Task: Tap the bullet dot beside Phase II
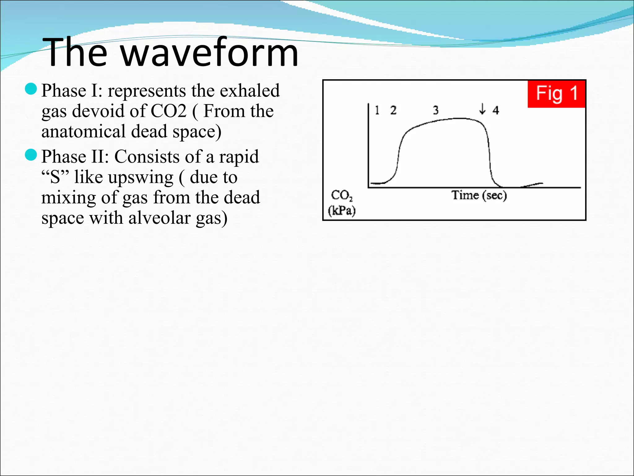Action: (x=31, y=155)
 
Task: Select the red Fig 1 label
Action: (x=556, y=94)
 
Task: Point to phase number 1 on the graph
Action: (x=377, y=110)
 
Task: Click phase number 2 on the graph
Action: (x=393, y=110)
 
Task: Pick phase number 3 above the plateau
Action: (x=436, y=110)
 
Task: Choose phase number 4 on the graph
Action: (x=496, y=110)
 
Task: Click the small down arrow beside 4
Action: (x=482, y=109)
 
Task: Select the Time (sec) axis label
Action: (x=479, y=195)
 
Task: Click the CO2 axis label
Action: (x=341, y=195)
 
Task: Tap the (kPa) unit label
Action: (x=341, y=211)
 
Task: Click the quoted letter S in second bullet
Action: (x=55, y=177)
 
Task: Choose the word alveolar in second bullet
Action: (x=159, y=218)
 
